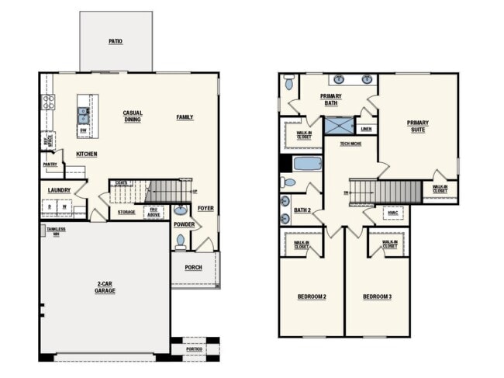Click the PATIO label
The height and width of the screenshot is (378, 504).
[x=116, y=41]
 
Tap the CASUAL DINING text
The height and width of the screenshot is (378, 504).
[x=133, y=116]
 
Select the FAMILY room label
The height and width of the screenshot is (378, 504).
[x=185, y=117]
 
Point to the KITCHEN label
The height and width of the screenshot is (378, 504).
[x=86, y=154]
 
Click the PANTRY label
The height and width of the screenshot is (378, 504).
[x=50, y=164]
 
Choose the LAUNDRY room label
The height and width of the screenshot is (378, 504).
[x=59, y=190]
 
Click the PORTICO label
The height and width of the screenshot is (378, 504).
[x=195, y=349]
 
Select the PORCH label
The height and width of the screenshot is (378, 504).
[x=193, y=268]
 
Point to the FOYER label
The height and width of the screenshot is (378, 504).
[x=205, y=208]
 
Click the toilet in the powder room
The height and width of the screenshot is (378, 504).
[x=180, y=241]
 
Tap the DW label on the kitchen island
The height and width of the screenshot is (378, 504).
[x=83, y=131]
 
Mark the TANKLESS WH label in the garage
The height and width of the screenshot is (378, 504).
[x=56, y=231]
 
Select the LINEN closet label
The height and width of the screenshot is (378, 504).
[x=366, y=129]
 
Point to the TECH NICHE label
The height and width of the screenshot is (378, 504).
[x=350, y=144]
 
